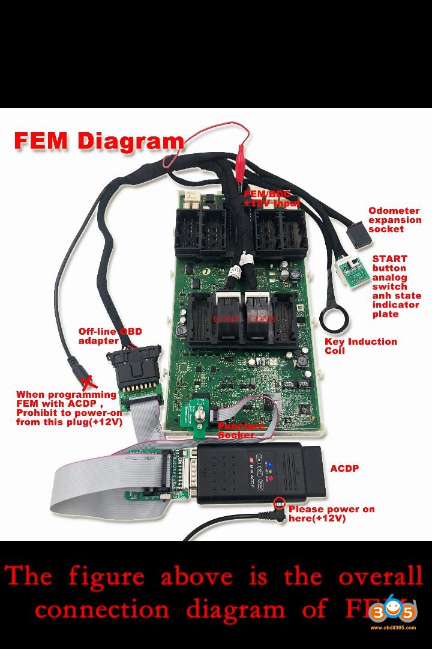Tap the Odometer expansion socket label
pyautogui.click(x=394, y=220)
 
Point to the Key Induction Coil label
pyautogui.click(x=361, y=346)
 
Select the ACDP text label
pyautogui.click(x=344, y=468)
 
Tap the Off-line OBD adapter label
pyautogui.click(x=110, y=336)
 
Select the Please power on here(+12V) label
pyautogui.click(x=331, y=513)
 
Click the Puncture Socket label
pyautogui.click(x=241, y=430)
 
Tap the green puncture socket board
pyautogui.click(x=199, y=415)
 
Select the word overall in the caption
pyautogui.click(x=380, y=576)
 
